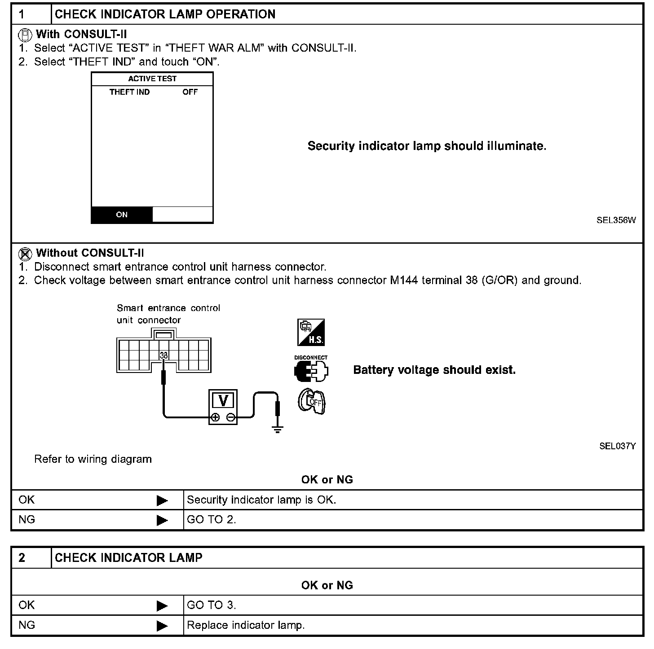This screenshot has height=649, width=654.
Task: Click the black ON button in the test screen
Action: pyautogui.click(x=122, y=215)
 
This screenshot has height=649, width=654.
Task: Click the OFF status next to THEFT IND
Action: pyautogui.click(x=190, y=92)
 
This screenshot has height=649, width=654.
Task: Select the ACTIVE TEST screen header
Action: pyautogui.click(x=152, y=79)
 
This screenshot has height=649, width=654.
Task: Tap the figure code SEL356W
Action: pyautogui.click(x=616, y=220)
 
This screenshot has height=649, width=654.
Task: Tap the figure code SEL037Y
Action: pyautogui.click(x=617, y=446)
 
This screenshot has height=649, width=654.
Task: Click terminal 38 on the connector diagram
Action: pyautogui.click(x=163, y=355)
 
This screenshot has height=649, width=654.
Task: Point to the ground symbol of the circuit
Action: pyautogui.click(x=278, y=429)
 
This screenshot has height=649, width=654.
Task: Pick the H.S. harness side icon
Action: pyautogui.click(x=311, y=333)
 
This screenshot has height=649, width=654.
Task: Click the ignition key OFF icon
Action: pyautogui.click(x=311, y=401)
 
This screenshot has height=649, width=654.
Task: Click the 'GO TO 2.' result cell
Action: pyautogui.click(x=212, y=520)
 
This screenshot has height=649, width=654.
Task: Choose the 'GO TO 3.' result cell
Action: pyautogui.click(x=212, y=605)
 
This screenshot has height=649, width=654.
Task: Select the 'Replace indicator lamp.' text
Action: pyautogui.click(x=246, y=625)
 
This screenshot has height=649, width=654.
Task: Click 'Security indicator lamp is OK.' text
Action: pyautogui.click(x=261, y=500)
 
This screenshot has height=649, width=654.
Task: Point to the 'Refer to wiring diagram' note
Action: pyautogui.click(x=93, y=459)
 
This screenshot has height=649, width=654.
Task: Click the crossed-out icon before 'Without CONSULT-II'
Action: pyautogui.click(x=25, y=254)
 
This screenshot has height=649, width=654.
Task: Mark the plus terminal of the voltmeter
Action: pyautogui.click(x=215, y=417)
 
